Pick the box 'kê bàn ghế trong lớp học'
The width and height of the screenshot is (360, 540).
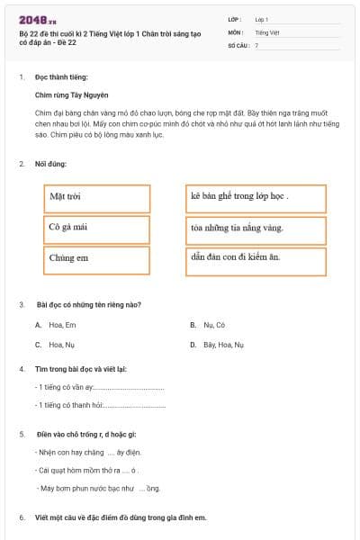[x=256, y=197]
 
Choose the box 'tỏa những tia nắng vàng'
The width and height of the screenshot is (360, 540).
[x=256, y=229]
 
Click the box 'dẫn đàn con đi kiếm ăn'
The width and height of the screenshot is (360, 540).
[x=256, y=258]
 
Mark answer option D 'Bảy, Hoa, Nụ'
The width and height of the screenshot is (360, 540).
[x=217, y=345]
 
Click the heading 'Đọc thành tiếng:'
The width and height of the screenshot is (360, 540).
[x=61, y=78]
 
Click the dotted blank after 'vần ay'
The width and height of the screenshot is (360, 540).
[x=130, y=388]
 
